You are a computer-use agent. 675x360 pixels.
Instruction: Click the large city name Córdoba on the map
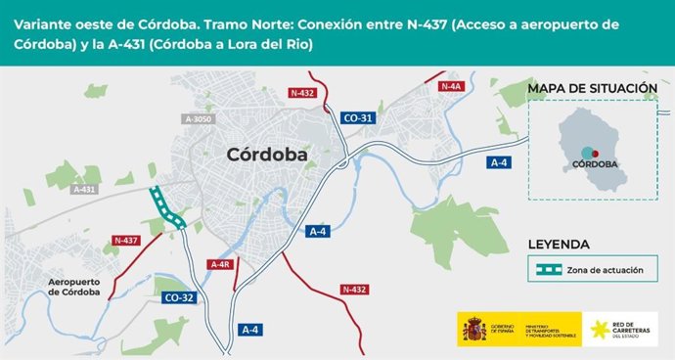click(266, 155)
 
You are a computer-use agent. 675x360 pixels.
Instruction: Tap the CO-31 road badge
click(357, 118)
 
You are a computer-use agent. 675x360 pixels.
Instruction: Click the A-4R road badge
click(220, 264)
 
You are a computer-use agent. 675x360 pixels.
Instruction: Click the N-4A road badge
click(450, 87)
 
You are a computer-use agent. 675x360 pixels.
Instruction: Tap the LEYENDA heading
click(558, 244)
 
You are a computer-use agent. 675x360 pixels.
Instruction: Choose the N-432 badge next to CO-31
click(303, 93)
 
